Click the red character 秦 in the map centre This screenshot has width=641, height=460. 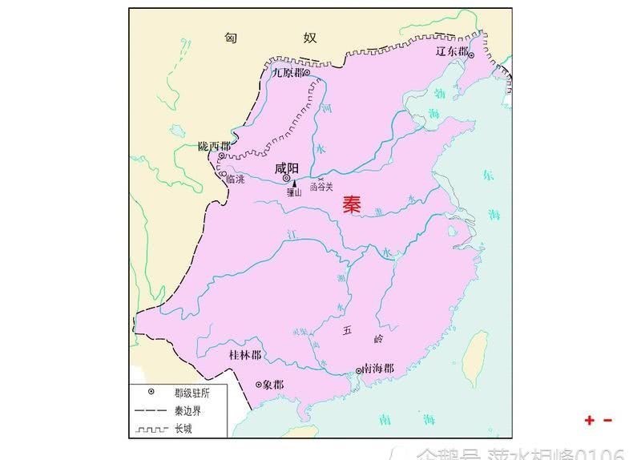352,204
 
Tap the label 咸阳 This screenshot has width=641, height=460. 286,168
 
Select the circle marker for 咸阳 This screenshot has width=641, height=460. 286,179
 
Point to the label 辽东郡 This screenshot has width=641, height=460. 451,50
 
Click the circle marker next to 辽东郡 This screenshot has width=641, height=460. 472,54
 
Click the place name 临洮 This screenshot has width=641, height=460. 235,180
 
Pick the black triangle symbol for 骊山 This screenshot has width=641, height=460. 294,184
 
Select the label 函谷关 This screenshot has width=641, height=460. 320,185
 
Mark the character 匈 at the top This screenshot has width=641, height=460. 231,38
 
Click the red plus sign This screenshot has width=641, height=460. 590,420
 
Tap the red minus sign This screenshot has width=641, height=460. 607,420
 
